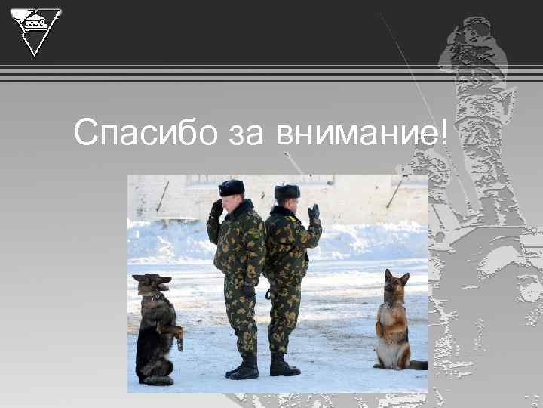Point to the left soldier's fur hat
pos(232,187)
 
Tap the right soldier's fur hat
pos(287,192)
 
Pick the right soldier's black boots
pos(283,366)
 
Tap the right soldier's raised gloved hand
pos(314,212)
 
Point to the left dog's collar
pos(157,297)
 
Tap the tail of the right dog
pos(418,365)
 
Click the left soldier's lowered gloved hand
pos(248,289)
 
